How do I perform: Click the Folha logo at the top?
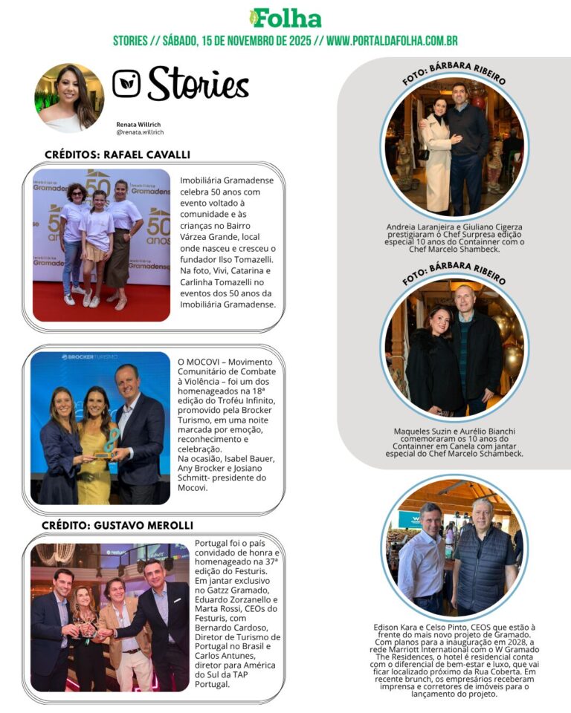click(x=285, y=18)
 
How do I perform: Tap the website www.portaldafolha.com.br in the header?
click(x=392, y=41)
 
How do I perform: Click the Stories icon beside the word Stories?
click(x=126, y=83)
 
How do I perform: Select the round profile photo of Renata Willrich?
click(x=69, y=97)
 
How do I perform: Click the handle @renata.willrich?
click(x=140, y=132)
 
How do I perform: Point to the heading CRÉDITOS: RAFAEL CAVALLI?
click(x=117, y=154)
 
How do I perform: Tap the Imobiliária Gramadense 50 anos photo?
click(x=101, y=245)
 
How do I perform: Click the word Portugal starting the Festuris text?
click(x=212, y=543)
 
